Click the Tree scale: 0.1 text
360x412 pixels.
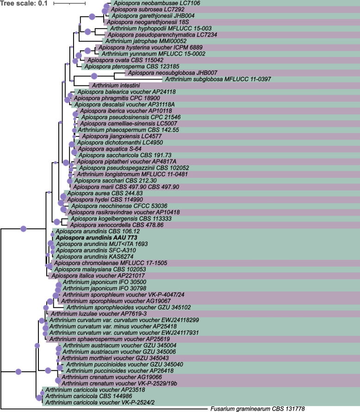(x=24, y=4)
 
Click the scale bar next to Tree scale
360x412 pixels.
(x=69, y=4)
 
